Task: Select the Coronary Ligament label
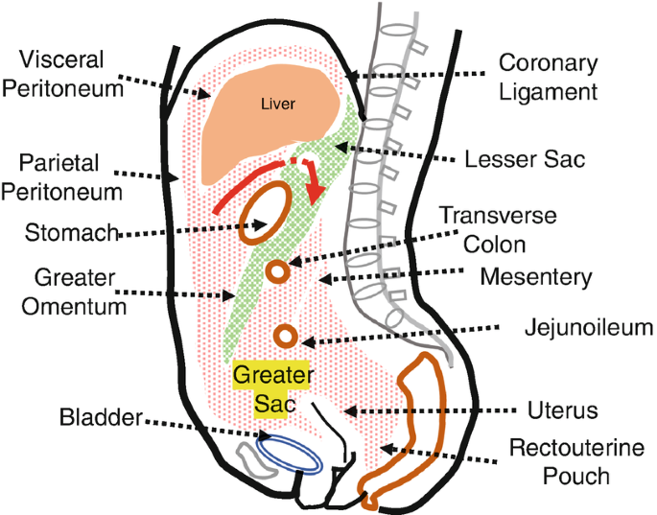tap(550, 78)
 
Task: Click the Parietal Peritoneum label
tap(62, 175)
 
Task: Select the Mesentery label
tap(536, 277)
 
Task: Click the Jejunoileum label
tap(588, 327)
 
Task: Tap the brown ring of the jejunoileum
tap(285, 336)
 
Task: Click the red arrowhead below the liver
tap(314, 202)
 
